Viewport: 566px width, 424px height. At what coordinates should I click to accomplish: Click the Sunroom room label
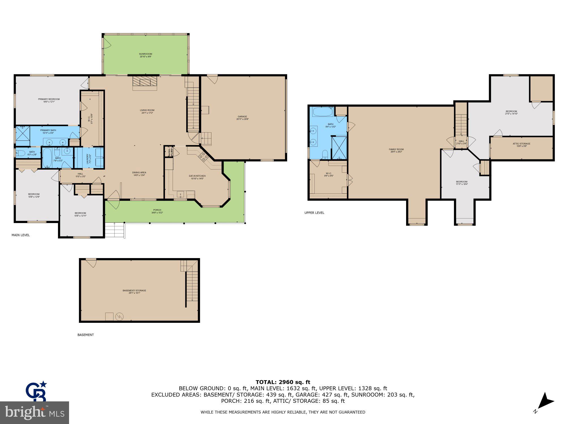(145, 55)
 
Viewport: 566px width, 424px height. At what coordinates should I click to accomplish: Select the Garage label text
(242, 118)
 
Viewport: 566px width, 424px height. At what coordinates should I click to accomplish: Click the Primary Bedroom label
(49, 100)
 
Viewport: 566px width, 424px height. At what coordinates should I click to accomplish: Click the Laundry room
(89, 158)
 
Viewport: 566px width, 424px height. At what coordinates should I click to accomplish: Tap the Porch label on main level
(157, 211)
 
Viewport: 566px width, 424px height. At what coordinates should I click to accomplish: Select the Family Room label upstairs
(396, 150)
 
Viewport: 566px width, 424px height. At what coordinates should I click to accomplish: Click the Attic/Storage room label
(521, 145)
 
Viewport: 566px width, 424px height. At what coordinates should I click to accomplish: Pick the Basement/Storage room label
(134, 291)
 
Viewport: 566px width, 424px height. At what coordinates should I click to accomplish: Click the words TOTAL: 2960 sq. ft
(283, 382)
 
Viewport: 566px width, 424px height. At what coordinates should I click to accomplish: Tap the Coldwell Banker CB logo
(36, 391)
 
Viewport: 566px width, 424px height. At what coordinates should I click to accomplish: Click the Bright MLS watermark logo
(34, 413)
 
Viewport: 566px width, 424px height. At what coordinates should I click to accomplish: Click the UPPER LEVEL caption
(314, 213)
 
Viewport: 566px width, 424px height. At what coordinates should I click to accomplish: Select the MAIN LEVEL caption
(21, 235)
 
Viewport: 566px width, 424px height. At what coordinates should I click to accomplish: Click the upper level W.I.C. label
(329, 174)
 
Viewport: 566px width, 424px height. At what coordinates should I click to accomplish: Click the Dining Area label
(139, 174)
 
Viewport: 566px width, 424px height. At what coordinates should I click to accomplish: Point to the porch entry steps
(114, 230)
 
